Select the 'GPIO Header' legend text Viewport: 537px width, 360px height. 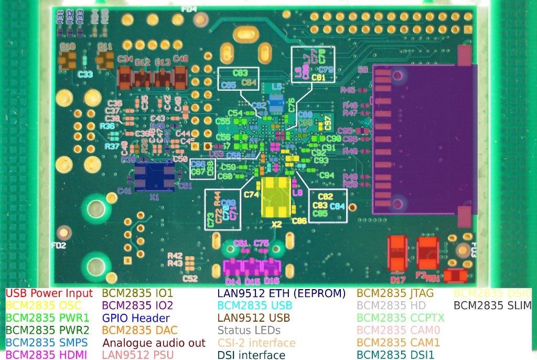136,318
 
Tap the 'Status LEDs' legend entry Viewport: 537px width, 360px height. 249,331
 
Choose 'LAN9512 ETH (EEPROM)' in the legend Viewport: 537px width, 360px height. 282,293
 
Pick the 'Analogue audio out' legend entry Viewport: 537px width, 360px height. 154,343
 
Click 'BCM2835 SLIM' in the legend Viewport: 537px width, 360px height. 492,305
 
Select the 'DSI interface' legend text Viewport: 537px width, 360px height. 251,355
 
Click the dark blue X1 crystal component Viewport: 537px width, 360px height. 154,176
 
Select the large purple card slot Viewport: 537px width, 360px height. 425,139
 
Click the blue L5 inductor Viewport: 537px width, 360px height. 276,102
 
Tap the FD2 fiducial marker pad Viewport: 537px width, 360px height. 64,232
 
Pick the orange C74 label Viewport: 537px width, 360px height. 252,195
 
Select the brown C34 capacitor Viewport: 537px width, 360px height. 126,77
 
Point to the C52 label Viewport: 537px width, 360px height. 190,279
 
